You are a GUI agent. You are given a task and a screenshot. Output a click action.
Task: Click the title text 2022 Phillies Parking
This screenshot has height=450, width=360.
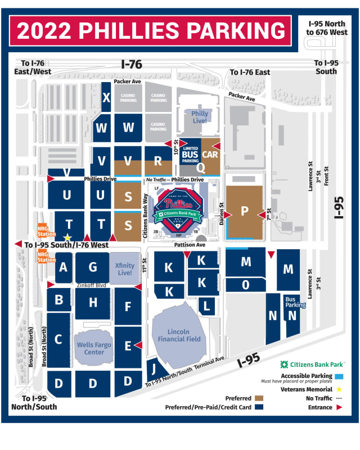[150, 30]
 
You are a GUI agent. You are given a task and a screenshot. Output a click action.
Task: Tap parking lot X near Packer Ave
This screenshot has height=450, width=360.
[106, 97]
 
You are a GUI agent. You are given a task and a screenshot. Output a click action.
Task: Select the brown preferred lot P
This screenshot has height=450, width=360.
[245, 211]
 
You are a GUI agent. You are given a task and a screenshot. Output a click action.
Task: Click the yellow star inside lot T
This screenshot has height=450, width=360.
[67, 237]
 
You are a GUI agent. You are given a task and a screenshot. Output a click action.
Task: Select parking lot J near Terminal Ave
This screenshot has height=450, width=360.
[153, 370]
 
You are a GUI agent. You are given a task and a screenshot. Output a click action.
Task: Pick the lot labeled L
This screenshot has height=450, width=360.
[206, 306]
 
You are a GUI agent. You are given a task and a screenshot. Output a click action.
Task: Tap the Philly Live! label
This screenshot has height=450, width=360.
[200, 117]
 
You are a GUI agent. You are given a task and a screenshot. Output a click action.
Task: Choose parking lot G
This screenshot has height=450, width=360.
[93, 267]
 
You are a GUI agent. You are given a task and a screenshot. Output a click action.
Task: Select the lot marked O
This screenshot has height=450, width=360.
[246, 285]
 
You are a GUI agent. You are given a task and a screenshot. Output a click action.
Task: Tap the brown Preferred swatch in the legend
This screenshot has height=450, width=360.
[260, 398]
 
